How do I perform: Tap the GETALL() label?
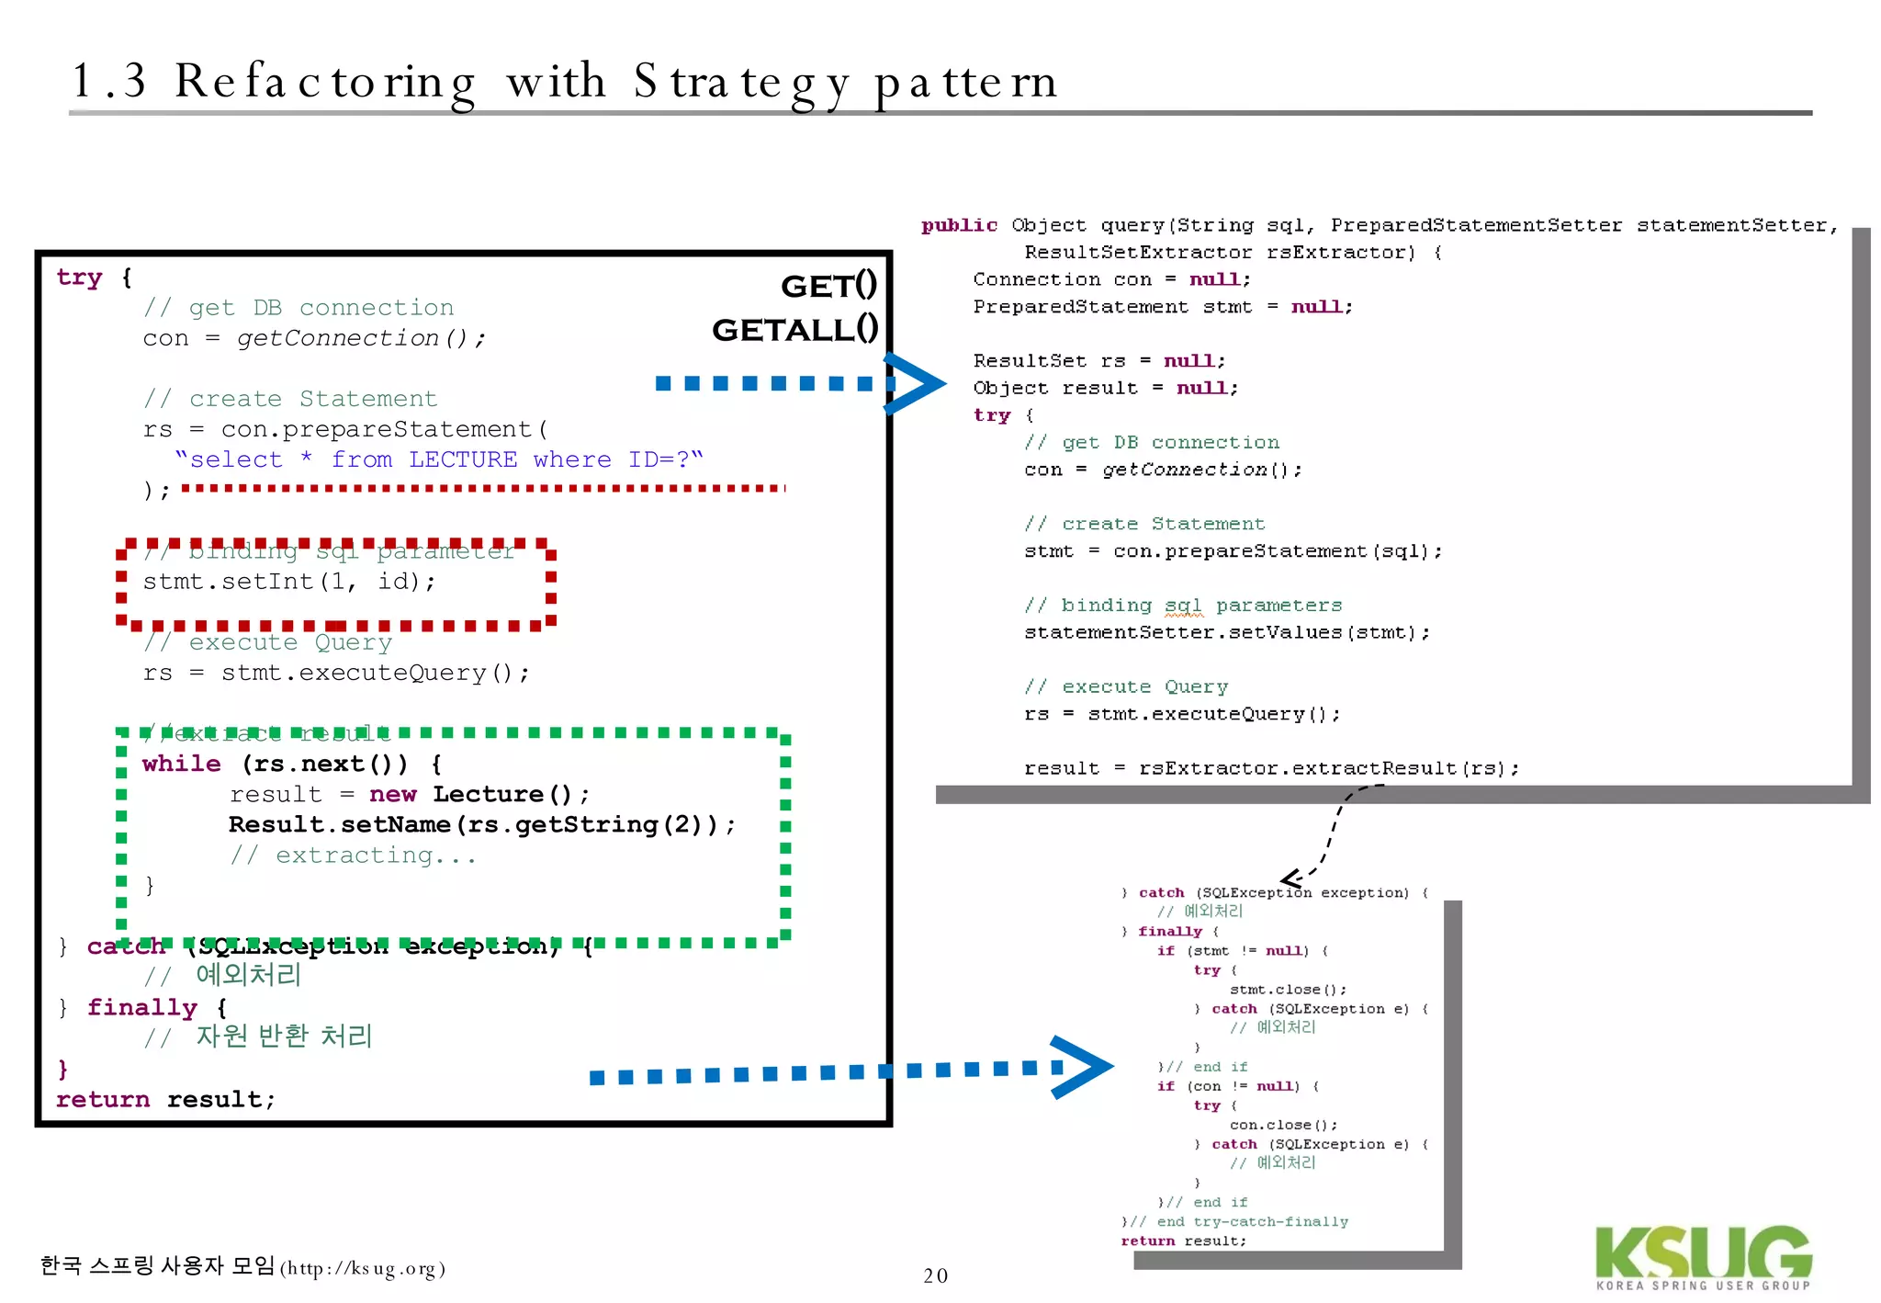point(794,329)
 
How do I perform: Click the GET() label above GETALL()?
point(828,286)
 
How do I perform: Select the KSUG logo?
point(1703,1256)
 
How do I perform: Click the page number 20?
point(935,1275)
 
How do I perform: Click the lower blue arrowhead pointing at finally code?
point(1084,1067)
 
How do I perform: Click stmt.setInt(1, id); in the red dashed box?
point(289,582)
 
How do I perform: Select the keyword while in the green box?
point(181,764)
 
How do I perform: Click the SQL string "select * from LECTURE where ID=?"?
point(438,459)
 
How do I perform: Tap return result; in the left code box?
point(165,1099)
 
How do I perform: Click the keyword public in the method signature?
point(959,225)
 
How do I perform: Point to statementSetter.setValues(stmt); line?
point(1227,632)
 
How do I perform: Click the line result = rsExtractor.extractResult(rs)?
point(1271,768)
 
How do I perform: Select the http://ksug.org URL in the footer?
point(363,1269)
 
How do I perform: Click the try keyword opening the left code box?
point(79,278)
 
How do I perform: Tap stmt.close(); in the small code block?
point(1288,990)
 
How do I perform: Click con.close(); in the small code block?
point(1283,1125)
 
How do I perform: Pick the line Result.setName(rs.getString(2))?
point(481,824)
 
